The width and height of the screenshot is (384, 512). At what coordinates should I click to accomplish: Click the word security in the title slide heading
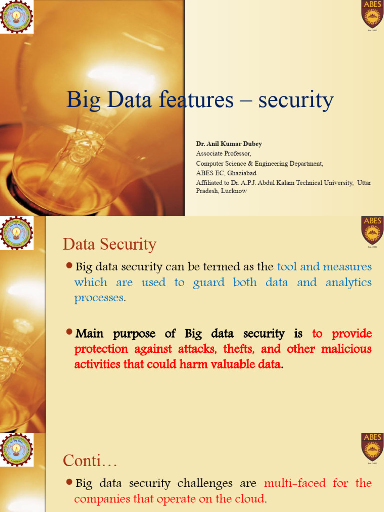pyautogui.click(x=295, y=100)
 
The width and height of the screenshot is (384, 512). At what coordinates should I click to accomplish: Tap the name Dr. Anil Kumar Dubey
pyautogui.click(x=229, y=144)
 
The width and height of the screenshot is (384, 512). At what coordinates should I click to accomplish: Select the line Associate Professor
pyautogui.click(x=223, y=154)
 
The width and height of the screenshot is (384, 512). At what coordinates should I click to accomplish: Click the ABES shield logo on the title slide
pyautogui.click(x=372, y=14)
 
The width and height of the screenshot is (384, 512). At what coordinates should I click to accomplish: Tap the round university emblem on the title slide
pyautogui.click(x=17, y=17)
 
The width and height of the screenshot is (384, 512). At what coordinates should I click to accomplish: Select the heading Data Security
pyautogui.click(x=109, y=245)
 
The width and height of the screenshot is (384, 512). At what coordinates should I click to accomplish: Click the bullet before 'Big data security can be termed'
pyautogui.click(x=70, y=265)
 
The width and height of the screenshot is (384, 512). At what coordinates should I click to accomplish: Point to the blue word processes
pyautogui.click(x=98, y=298)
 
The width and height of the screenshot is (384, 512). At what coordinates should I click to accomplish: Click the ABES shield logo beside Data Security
pyautogui.click(x=372, y=231)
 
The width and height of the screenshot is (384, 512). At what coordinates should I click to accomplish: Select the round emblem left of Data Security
pyautogui.click(x=17, y=233)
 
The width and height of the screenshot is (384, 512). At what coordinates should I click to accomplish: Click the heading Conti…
pyautogui.click(x=90, y=461)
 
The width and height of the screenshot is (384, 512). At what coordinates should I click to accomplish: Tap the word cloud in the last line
pyautogui.click(x=251, y=499)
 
